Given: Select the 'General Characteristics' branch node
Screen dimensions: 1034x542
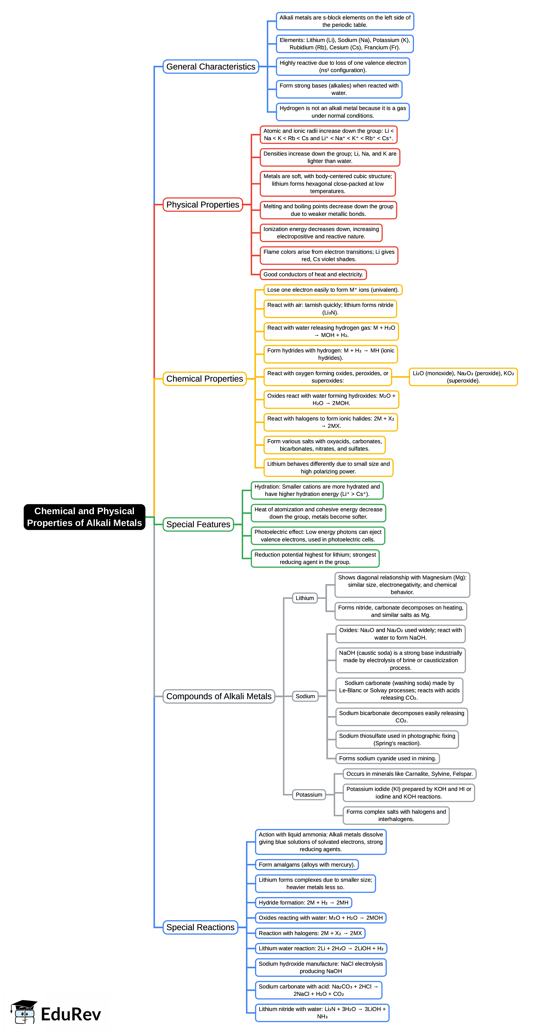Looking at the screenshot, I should [211, 67].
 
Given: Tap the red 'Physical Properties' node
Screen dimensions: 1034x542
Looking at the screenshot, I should [203, 205].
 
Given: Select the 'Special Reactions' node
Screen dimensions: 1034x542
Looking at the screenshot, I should [200, 927].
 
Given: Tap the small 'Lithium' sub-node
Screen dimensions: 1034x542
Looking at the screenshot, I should [305, 598].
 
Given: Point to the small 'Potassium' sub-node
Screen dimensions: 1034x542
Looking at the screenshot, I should [309, 794].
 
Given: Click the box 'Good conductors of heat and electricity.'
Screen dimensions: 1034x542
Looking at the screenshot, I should [313, 275].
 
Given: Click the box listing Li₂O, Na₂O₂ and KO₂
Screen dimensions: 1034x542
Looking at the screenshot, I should [463, 377].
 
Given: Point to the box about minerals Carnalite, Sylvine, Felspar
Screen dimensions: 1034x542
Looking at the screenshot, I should [409, 774].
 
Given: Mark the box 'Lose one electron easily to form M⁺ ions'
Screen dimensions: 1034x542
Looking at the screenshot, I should [332, 290].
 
